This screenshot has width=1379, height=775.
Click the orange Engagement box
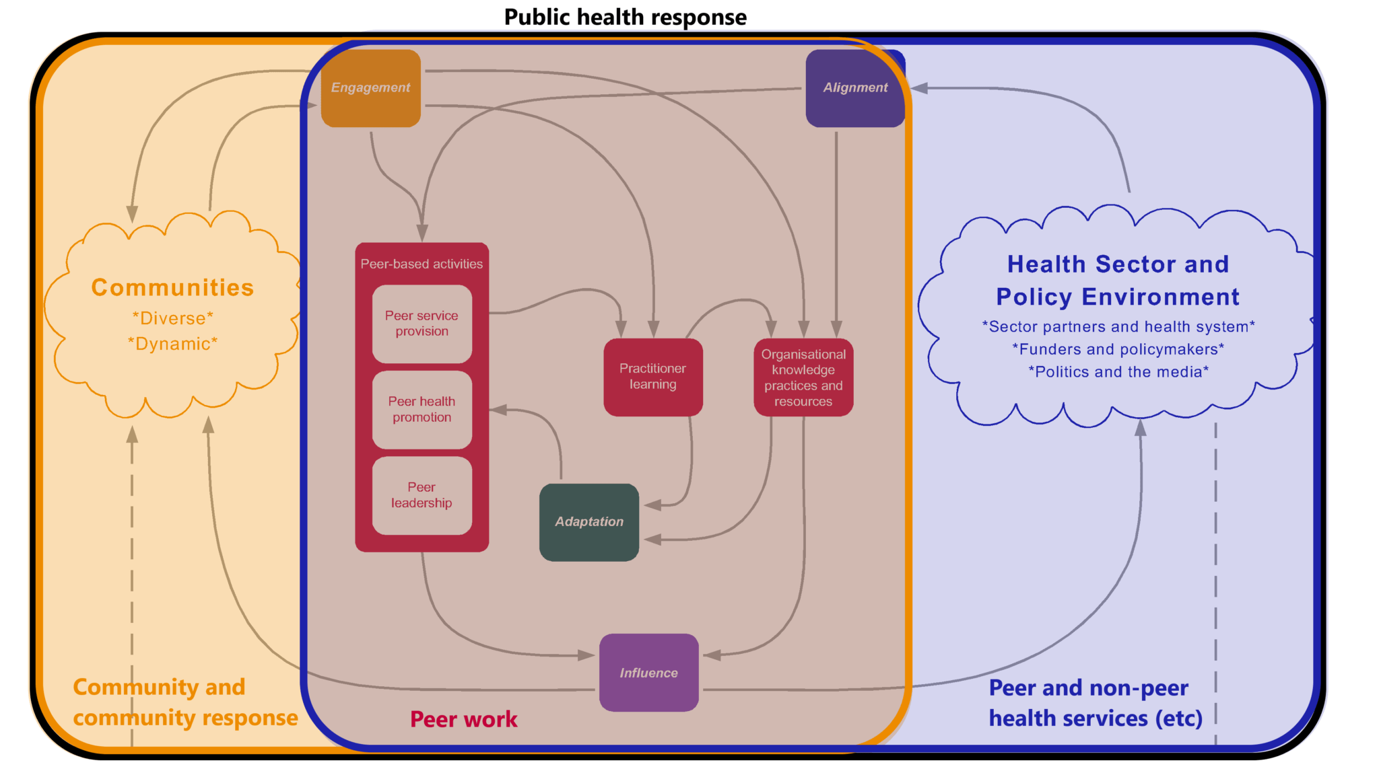point(370,87)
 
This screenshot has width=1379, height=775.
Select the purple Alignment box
point(855,87)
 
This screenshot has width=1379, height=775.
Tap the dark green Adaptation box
point(589,522)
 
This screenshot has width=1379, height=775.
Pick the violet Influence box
point(648,673)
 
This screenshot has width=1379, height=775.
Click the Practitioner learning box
point(652,377)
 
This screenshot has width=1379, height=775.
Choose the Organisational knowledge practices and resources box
point(803,377)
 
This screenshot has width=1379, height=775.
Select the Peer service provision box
point(422,324)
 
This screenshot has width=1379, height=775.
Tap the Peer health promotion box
point(422,409)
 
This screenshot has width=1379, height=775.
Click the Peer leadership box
point(422,495)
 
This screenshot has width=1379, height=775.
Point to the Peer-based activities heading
point(422,264)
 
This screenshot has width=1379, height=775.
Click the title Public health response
point(625,17)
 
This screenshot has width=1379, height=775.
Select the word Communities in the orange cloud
point(172,287)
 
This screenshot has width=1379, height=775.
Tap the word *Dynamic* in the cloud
point(172,344)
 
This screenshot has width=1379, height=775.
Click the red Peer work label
point(463,719)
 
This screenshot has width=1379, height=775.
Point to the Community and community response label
point(185,702)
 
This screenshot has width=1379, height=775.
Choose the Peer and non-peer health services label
point(1095,703)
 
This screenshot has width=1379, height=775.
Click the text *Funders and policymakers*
point(1118,349)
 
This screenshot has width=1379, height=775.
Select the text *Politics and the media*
point(1118,372)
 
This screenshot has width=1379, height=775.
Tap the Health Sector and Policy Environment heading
point(1118,281)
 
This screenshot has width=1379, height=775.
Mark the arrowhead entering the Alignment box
point(919,88)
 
